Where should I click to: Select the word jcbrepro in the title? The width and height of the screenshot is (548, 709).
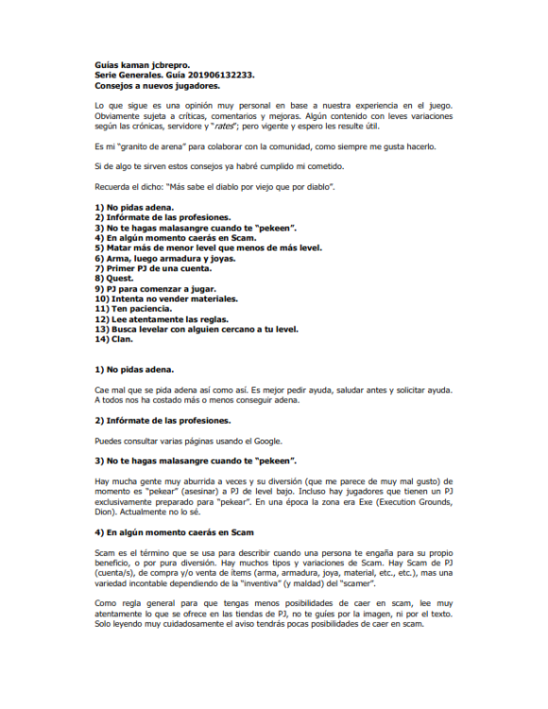(169, 63)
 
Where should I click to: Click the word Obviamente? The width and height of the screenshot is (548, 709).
(121, 114)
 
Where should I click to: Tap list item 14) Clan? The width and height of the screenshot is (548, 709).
(114, 339)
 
